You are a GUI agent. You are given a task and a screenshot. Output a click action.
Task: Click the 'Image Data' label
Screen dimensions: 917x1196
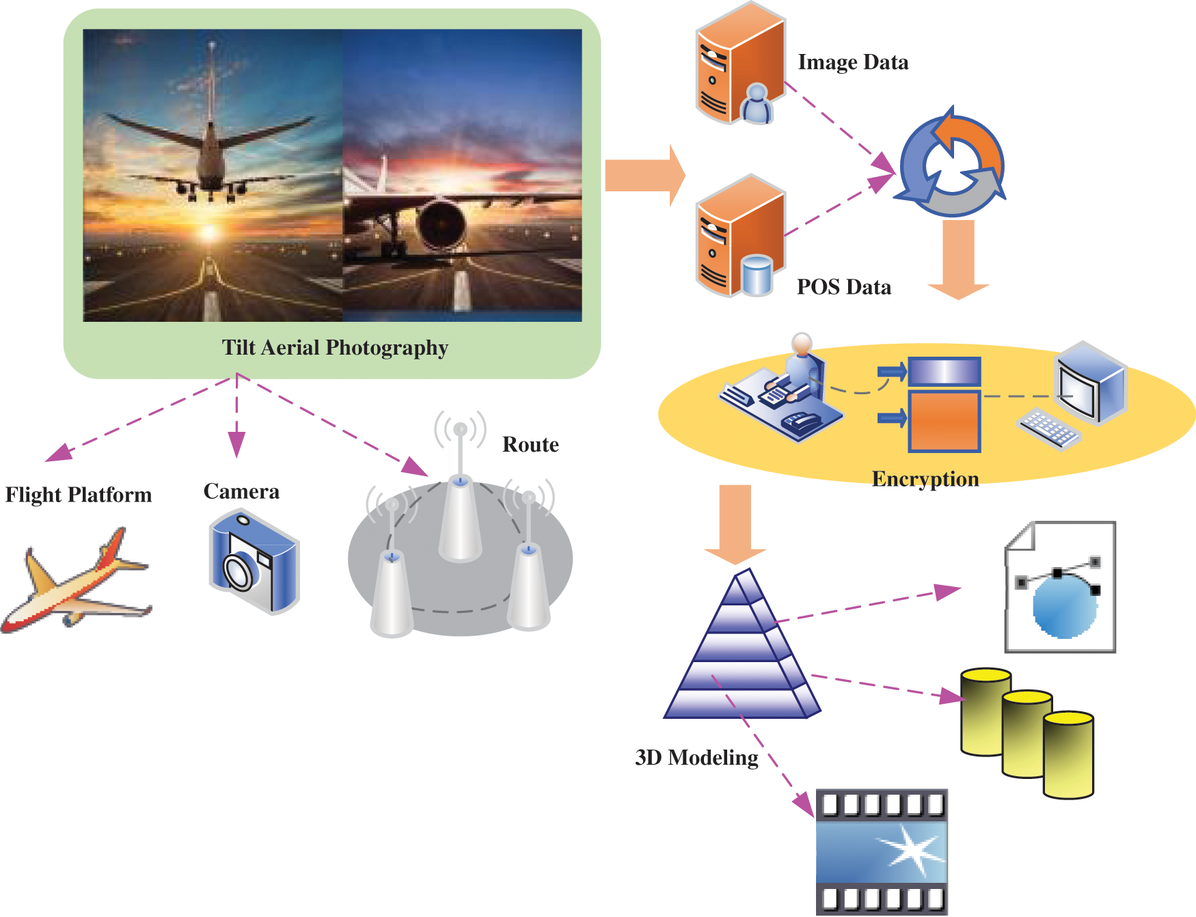[853, 62]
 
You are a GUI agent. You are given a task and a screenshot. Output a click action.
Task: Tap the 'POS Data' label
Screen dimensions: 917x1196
[843, 287]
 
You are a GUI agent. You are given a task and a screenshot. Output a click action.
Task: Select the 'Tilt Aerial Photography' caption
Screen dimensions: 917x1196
[335, 348]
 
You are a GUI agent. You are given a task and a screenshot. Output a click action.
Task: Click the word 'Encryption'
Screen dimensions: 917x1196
[925, 479]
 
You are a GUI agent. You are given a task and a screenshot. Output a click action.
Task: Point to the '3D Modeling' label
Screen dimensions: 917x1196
[696, 758]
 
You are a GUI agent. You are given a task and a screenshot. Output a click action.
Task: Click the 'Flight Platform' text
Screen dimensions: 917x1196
[79, 495]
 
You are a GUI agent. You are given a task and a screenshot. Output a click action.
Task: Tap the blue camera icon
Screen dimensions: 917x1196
[254, 562]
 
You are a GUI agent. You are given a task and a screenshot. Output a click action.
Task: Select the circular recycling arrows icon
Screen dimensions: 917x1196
[952, 164]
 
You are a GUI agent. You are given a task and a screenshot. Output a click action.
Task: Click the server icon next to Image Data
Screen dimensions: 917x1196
[739, 66]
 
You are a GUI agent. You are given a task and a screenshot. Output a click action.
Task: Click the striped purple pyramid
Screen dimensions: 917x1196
[742, 649]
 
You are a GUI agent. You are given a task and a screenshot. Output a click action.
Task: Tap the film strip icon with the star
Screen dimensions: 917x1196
[881, 851]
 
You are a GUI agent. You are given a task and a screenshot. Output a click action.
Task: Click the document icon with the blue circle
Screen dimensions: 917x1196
[1060, 588]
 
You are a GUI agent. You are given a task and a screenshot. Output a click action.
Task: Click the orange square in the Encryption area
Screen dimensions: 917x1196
[944, 421]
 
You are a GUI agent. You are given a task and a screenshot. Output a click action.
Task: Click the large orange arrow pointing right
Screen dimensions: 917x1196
[643, 176]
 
